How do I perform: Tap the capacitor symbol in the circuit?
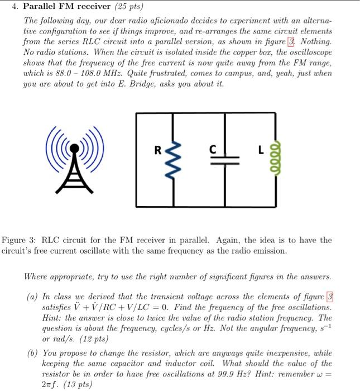[225, 160]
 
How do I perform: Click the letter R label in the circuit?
[159, 150]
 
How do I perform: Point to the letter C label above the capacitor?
[212, 149]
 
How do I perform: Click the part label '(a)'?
[33, 297]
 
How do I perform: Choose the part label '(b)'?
[33, 354]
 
